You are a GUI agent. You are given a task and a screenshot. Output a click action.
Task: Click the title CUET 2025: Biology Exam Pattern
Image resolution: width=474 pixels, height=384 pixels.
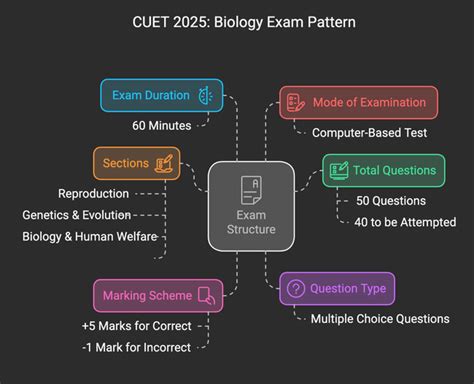click(237, 21)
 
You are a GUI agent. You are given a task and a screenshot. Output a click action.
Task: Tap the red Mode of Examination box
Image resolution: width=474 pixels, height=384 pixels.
click(358, 102)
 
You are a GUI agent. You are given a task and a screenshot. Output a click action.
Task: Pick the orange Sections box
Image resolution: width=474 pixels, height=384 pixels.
click(136, 163)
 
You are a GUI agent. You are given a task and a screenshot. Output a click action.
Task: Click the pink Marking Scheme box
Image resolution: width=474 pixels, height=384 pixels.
click(155, 295)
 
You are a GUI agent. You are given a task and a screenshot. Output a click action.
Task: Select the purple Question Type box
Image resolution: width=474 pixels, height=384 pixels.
click(337, 288)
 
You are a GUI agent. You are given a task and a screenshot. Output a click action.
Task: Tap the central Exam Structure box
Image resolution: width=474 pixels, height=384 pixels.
click(250, 205)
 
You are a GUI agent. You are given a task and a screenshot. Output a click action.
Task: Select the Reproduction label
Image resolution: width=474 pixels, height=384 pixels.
click(92, 193)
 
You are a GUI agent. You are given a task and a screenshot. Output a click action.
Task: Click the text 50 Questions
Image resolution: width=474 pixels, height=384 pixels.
click(393, 200)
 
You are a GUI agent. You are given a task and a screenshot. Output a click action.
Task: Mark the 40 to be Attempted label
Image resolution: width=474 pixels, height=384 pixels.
click(405, 222)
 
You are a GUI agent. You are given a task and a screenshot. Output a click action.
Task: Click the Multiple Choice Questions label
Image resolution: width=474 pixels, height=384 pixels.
click(380, 319)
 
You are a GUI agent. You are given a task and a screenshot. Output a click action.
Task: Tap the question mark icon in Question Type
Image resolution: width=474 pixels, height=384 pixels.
click(295, 288)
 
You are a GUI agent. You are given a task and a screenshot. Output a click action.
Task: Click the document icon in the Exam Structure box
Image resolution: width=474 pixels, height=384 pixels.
click(250, 187)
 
